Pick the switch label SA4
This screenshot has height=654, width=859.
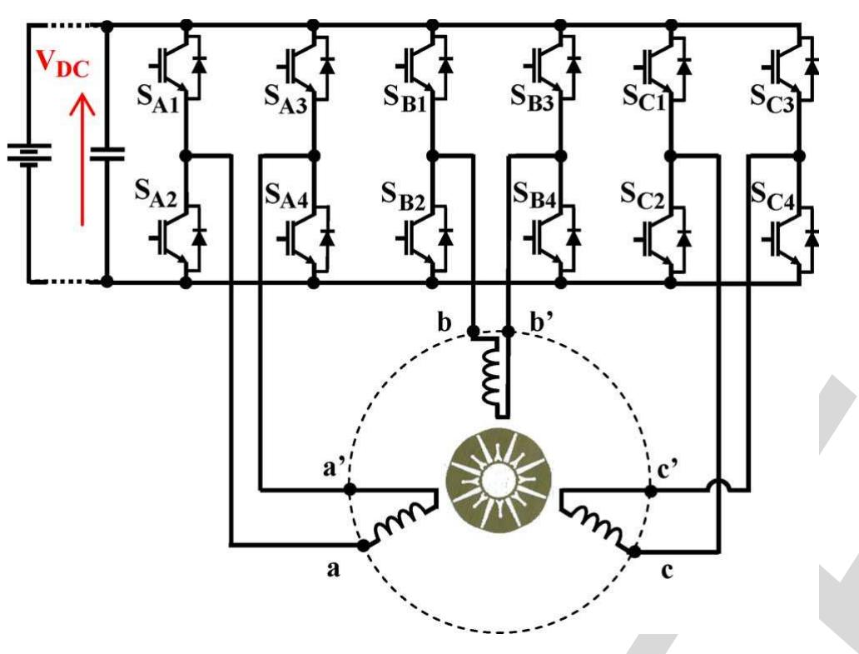(286, 198)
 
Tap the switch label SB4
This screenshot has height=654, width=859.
(534, 198)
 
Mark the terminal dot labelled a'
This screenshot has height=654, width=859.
(350, 489)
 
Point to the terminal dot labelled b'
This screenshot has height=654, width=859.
(509, 331)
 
